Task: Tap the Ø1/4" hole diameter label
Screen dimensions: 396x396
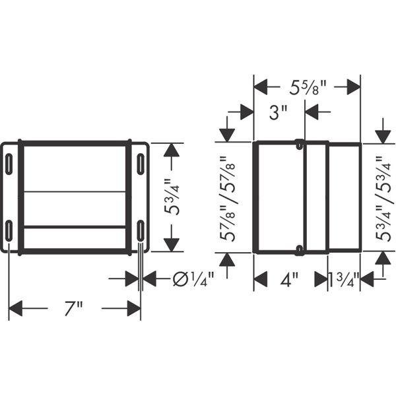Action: click(193, 279)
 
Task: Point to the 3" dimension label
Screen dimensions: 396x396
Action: click(278, 112)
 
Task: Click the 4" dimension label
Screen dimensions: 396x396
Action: click(289, 279)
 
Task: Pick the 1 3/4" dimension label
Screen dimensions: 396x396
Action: click(344, 279)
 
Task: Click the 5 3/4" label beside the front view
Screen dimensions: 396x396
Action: click(172, 197)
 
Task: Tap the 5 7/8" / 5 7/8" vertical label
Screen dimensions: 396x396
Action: click(228, 199)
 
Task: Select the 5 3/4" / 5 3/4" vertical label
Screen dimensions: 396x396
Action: click(384, 199)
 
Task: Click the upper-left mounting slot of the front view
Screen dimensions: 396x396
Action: click(9, 164)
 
